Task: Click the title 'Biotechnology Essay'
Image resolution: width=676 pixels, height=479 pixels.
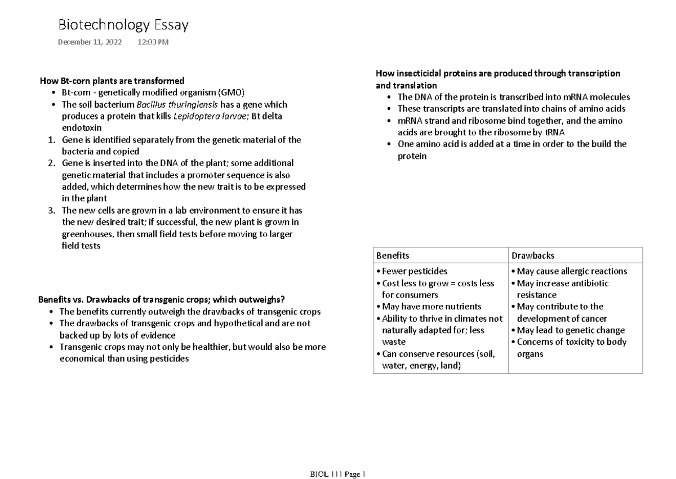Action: tap(123, 25)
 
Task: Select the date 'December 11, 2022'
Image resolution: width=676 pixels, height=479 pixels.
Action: tap(90, 42)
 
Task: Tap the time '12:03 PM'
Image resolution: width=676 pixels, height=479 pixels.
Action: tap(153, 42)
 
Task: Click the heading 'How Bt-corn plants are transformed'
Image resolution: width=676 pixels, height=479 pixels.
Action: tap(111, 81)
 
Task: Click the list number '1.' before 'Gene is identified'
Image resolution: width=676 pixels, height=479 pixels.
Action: tap(51, 140)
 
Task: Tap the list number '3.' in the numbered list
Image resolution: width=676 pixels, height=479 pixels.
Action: tap(51, 211)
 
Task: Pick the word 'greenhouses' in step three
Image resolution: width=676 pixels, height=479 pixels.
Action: tap(87, 234)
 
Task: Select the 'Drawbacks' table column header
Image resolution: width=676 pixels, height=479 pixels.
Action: tap(532, 255)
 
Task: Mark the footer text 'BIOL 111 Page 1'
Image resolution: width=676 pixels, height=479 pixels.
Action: tap(338, 474)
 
